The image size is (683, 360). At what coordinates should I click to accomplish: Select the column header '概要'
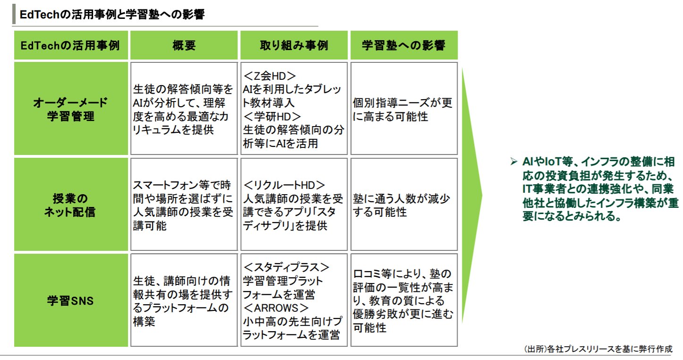pos(184,45)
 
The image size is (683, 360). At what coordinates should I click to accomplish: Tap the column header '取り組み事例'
pos(294,45)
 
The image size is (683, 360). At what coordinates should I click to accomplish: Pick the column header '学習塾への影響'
pos(403,45)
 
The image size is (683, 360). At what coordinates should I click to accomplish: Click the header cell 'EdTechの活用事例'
pos(70,45)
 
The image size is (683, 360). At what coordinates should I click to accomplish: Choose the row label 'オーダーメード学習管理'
pos(70,109)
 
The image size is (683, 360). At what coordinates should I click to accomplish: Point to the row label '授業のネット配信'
pos(70,205)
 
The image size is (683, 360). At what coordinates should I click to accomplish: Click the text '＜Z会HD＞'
pos(270,76)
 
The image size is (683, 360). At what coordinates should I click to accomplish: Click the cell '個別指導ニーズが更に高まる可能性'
pos(403,109)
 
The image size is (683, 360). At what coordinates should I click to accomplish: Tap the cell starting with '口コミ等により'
pos(403,300)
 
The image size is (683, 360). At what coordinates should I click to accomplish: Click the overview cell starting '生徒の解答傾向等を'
pos(183,109)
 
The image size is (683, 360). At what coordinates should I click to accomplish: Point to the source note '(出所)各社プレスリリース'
pos(598,350)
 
